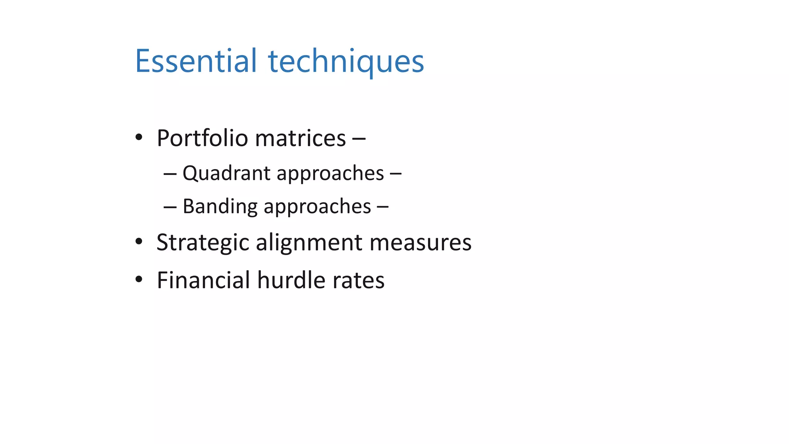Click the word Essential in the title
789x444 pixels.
click(196, 61)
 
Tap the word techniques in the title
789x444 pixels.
click(346, 62)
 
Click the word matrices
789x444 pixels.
click(300, 138)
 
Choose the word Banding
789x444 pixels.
click(220, 206)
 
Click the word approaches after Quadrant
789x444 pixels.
click(330, 174)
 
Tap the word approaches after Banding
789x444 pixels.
click(317, 207)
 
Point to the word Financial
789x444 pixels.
click(203, 280)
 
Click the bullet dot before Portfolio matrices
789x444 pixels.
click(139, 137)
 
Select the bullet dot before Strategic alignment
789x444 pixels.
click(139, 242)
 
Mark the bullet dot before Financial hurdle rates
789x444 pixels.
click(139, 279)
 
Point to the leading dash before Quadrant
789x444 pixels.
click(170, 174)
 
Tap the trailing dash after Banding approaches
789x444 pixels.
click(383, 207)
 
